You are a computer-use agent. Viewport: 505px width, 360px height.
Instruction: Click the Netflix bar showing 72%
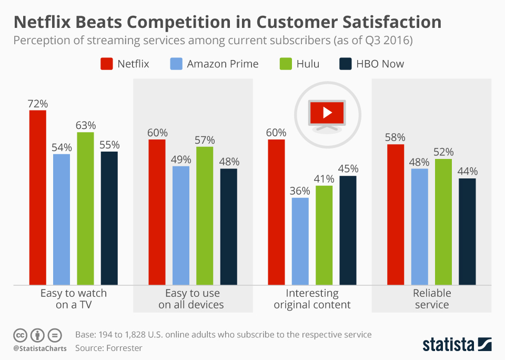click(37, 197)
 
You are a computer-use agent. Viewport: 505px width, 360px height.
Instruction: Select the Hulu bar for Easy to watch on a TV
click(85, 208)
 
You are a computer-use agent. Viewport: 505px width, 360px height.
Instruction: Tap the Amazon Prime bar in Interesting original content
click(300, 241)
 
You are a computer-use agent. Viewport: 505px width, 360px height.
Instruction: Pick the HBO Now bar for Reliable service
click(467, 232)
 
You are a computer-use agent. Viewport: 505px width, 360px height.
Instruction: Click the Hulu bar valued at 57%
click(205, 216)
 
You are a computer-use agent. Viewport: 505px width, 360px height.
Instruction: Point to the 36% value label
click(300, 191)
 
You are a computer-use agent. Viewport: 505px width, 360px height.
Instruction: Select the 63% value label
click(85, 125)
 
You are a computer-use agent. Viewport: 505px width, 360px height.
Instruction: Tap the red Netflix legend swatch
click(106, 64)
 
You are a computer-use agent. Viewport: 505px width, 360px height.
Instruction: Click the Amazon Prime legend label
click(223, 64)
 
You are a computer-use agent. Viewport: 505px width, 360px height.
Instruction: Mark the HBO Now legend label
click(380, 64)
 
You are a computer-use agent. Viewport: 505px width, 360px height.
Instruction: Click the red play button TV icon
click(327, 112)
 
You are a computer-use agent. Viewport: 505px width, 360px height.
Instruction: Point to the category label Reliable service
click(432, 299)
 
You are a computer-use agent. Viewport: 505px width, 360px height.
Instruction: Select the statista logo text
click(447, 345)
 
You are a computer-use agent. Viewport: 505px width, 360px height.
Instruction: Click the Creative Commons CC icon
click(20, 335)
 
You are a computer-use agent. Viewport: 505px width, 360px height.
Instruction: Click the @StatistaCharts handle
click(40, 348)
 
